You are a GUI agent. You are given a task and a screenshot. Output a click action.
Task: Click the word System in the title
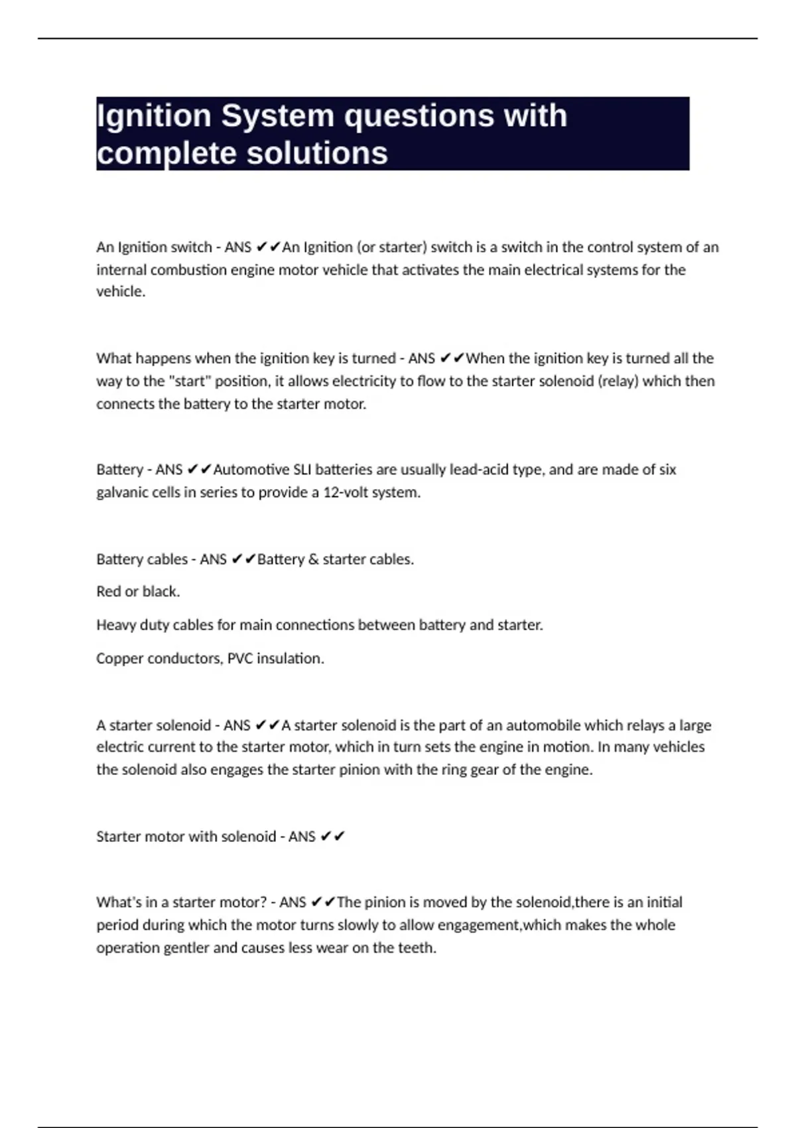(x=277, y=116)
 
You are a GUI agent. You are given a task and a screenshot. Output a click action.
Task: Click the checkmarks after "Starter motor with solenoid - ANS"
(x=333, y=837)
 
